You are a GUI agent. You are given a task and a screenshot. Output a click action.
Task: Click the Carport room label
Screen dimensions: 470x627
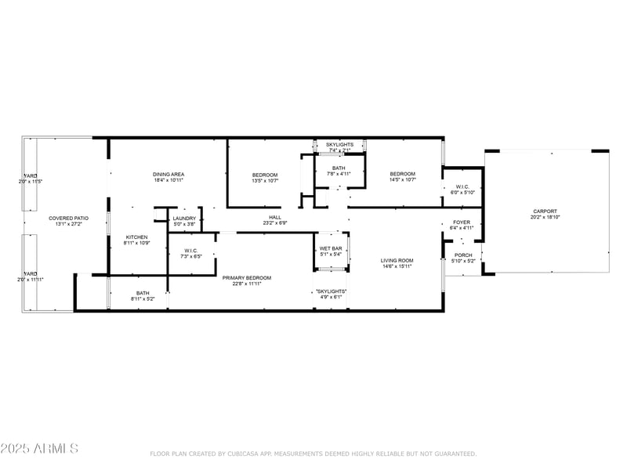[x=545, y=211]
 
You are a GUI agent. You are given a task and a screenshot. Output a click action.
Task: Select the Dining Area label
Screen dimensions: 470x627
[x=168, y=174]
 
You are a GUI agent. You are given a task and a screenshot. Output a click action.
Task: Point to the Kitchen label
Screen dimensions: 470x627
[x=137, y=237]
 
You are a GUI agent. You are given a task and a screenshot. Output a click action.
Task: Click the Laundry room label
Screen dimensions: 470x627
[x=184, y=219]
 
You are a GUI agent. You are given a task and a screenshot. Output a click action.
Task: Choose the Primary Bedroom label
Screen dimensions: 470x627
[x=246, y=278]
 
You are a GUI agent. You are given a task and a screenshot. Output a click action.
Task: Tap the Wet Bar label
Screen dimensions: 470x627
[x=330, y=249]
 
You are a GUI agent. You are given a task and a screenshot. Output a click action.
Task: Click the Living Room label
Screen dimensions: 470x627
[x=397, y=261]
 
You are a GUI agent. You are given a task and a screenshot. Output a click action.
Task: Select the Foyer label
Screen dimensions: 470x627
[x=462, y=222]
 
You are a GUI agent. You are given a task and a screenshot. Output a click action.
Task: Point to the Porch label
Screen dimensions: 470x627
[x=463, y=255]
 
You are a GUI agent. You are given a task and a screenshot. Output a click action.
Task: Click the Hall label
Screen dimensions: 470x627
[x=275, y=218]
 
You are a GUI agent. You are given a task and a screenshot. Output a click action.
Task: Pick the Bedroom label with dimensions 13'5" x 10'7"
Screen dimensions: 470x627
[x=264, y=174]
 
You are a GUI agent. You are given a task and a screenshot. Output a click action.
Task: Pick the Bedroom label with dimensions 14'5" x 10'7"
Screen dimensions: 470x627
[x=403, y=174]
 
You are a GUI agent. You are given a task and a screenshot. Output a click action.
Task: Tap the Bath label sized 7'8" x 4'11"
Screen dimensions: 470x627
[x=339, y=168]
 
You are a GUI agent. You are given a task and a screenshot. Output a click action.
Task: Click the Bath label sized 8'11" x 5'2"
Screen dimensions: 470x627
[x=142, y=293]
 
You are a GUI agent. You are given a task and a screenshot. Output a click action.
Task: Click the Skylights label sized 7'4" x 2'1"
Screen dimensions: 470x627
[x=340, y=145]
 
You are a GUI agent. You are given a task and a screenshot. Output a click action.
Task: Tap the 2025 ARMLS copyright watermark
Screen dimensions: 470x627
[x=39, y=449]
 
